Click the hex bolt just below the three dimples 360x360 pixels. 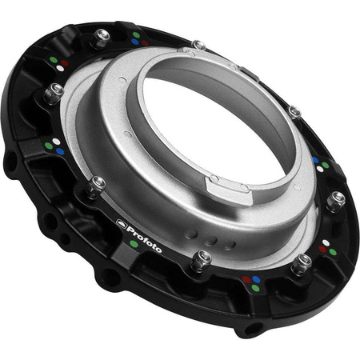(203, 258)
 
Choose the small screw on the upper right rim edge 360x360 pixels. (294, 112)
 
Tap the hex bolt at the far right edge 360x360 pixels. (338, 198)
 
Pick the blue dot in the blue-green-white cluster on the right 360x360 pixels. (317, 160)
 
